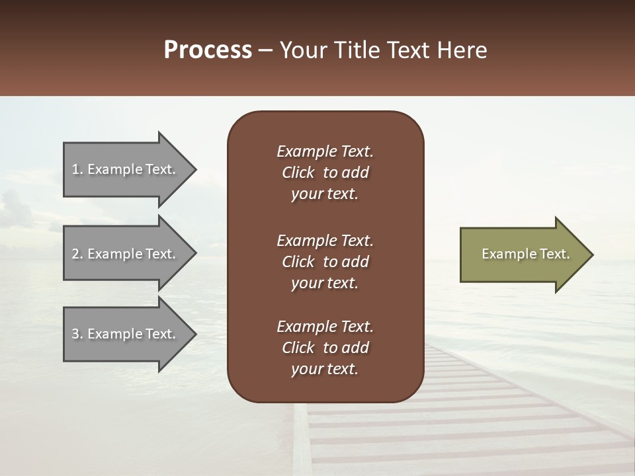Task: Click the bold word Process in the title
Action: click(x=208, y=50)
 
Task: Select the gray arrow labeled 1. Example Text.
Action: click(x=126, y=169)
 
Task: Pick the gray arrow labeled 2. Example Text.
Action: click(x=126, y=254)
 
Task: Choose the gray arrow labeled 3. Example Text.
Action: click(x=126, y=334)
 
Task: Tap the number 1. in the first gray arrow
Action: click(x=77, y=169)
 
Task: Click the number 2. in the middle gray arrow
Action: click(x=77, y=254)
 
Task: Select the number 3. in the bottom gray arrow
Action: click(x=77, y=334)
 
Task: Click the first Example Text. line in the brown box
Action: click(x=325, y=151)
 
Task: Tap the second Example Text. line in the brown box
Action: click(x=325, y=240)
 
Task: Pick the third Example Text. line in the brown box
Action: click(x=325, y=327)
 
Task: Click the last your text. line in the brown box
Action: click(x=325, y=370)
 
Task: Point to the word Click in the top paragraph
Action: click(x=298, y=173)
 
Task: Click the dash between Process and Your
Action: click(x=265, y=51)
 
